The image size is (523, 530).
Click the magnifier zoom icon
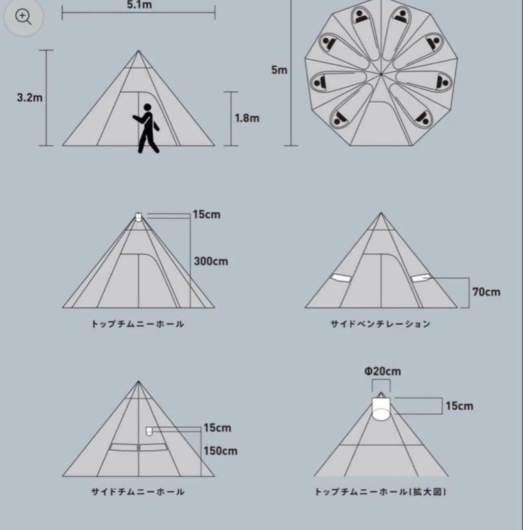23,17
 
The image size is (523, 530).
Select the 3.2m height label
29,97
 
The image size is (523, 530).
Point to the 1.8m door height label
247,118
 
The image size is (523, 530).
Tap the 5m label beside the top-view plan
279,70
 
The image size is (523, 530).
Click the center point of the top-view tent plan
381,74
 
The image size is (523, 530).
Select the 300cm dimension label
211,261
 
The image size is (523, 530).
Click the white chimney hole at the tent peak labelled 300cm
138,217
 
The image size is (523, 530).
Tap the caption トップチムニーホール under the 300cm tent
138,324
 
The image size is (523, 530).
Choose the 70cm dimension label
486,292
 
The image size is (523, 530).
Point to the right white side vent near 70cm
421,278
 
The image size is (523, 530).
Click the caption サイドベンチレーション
381,324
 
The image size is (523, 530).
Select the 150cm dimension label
220,450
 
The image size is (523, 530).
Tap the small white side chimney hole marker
149,432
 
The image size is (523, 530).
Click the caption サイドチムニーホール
138,492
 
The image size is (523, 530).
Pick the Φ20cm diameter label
382,371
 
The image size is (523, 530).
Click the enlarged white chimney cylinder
381,409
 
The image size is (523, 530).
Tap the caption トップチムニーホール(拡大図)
381,492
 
